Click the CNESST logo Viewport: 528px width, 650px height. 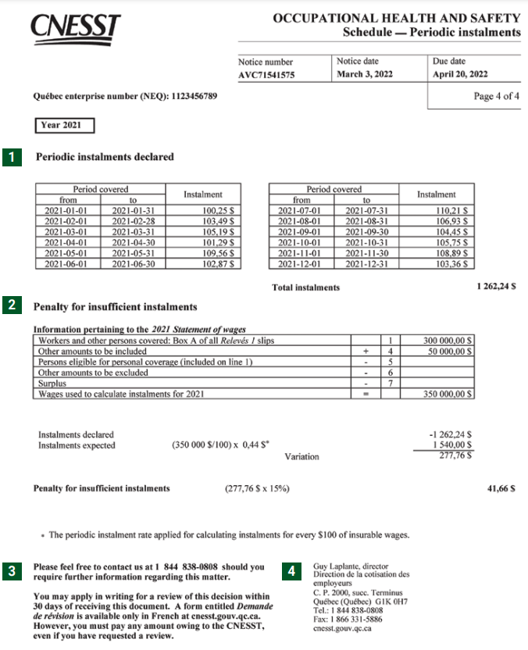75,26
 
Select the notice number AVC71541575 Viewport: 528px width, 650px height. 267,75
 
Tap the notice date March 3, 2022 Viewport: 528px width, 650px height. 365,75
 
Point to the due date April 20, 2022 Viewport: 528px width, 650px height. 460,75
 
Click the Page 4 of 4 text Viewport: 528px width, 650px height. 496,96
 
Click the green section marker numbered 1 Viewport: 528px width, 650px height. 12,157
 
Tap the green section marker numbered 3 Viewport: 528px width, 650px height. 12,572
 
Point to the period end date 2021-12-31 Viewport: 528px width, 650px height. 367,264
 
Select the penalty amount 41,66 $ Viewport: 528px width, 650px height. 501,488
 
